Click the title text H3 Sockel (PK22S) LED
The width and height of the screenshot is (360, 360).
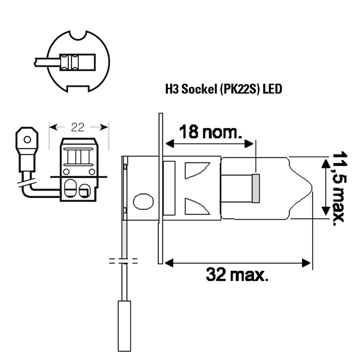coord(224,89)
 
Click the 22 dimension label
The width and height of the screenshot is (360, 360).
coord(77,127)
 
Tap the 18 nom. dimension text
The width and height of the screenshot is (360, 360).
coord(211,132)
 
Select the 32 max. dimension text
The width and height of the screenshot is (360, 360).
coord(237,274)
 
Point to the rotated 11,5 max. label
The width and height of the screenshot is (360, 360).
coord(338,188)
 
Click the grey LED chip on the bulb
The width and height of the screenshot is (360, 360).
coord(256,189)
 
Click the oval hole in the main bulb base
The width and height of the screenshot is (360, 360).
coord(143,202)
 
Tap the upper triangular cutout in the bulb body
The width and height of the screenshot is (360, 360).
coord(197,171)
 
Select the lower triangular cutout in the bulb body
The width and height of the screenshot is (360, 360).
coord(197,207)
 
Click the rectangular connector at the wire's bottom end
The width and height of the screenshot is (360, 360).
coord(124,326)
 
